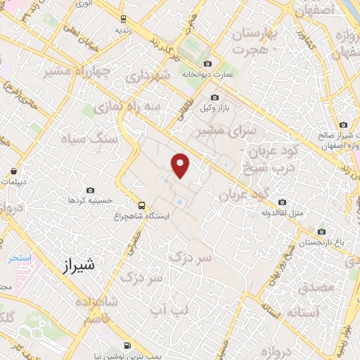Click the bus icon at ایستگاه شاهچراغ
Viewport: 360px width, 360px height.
(142, 206)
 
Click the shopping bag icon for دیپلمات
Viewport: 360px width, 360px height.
(14, 170)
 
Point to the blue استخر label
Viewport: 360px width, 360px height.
(20, 257)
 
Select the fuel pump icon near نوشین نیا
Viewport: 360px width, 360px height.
(126, 345)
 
